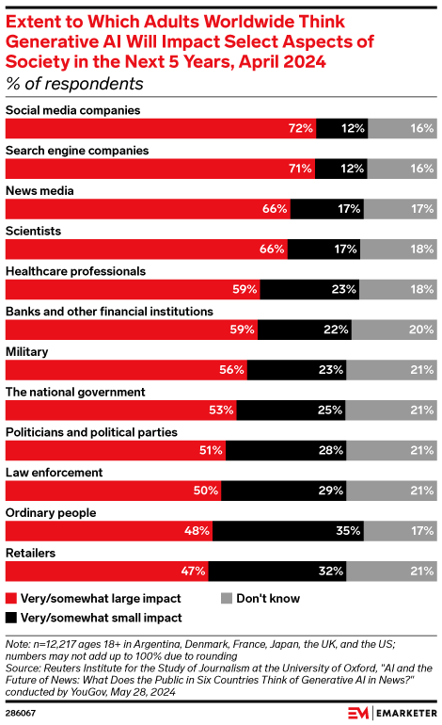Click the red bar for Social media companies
click(160, 128)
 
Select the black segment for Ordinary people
click(288, 530)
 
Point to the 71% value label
click(300, 169)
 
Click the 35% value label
click(349, 530)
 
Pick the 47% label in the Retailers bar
click(194, 571)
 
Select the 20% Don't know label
click(421, 330)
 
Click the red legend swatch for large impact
click(11, 598)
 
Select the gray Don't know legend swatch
click(226, 598)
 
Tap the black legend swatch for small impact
click(11, 618)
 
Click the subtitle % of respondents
click(75, 84)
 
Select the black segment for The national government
click(291, 410)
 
